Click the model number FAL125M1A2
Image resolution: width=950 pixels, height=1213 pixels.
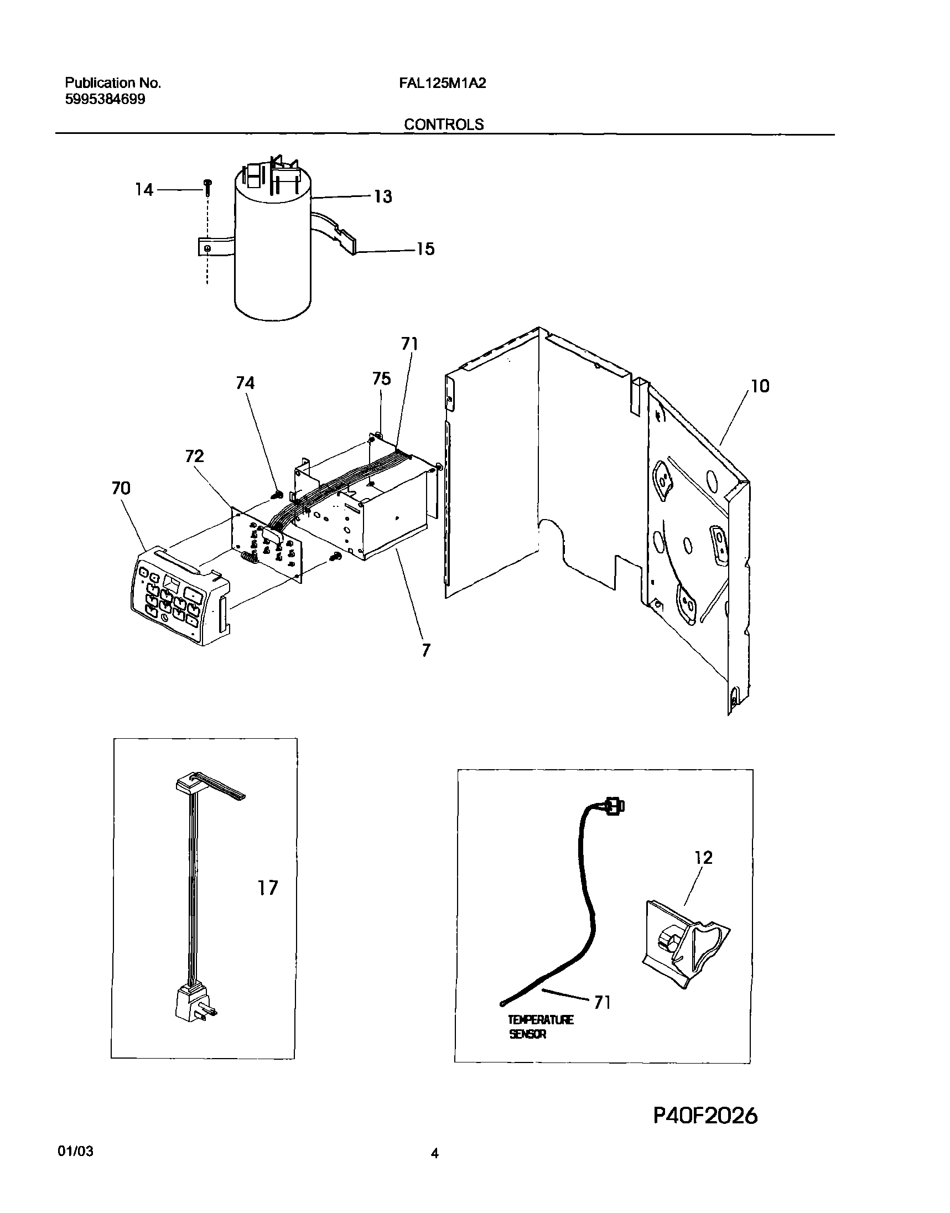tap(442, 84)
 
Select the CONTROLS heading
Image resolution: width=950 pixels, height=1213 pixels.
tap(443, 125)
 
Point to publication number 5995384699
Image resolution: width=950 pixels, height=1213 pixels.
tap(105, 100)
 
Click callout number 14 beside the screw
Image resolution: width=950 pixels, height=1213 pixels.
tap(144, 190)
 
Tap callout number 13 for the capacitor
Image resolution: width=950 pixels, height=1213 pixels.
tap(383, 196)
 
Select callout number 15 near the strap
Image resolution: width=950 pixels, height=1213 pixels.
tap(425, 248)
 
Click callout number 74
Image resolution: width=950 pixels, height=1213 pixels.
tap(245, 383)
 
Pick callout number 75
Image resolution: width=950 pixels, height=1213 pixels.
tap(382, 379)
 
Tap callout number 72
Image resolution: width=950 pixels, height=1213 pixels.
tap(194, 456)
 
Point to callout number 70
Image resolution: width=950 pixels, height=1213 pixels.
tap(121, 488)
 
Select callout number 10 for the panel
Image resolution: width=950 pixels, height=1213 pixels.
tap(760, 386)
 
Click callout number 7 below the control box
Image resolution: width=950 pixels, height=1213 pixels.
tap(425, 650)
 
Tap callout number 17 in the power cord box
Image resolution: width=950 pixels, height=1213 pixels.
tap(268, 888)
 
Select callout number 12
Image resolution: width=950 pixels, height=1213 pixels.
tap(704, 857)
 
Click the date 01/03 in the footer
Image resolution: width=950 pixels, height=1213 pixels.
tap(75, 1167)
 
